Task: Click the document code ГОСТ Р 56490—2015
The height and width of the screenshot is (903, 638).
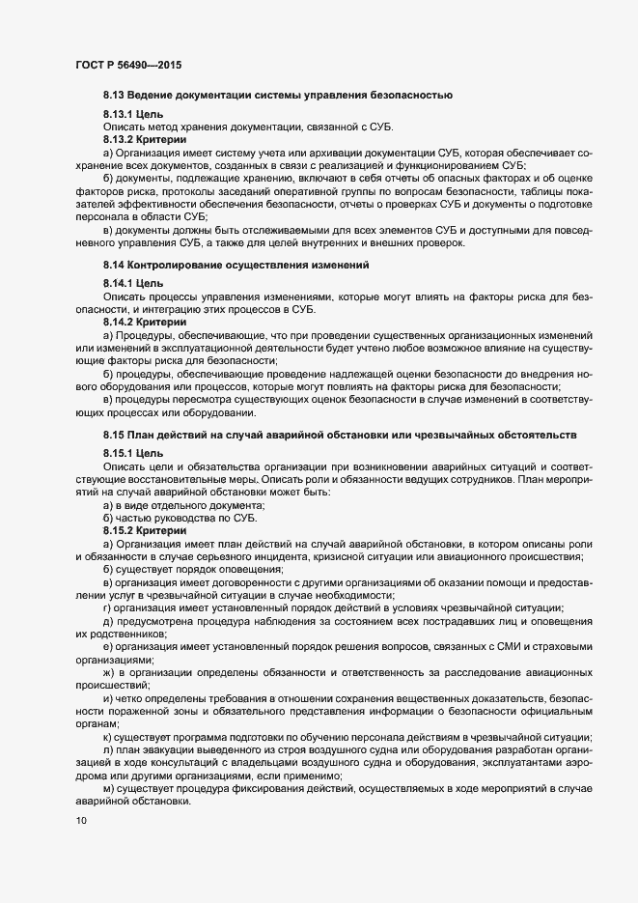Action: click(127, 65)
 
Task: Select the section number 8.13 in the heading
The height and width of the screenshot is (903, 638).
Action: click(114, 97)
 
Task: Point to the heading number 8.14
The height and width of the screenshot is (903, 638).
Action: click(114, 264)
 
